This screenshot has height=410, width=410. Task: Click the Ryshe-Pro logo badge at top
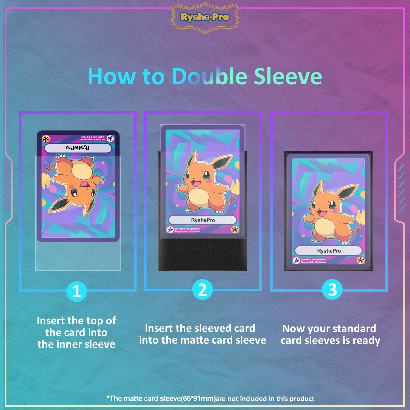[205, 17]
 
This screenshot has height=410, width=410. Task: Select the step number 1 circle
[77, 291]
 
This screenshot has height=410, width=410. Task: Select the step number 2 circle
[202, 290]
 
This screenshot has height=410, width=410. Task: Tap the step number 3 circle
[332, 290]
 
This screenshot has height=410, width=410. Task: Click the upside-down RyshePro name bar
[78, 148]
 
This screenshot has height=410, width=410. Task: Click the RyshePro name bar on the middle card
[202, 220]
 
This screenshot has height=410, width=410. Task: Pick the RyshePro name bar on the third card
[329, 251]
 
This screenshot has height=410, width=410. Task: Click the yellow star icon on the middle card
[235, 229]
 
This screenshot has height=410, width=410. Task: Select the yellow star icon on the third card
[361, 261]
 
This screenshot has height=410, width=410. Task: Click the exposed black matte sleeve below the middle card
[202, 255]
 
